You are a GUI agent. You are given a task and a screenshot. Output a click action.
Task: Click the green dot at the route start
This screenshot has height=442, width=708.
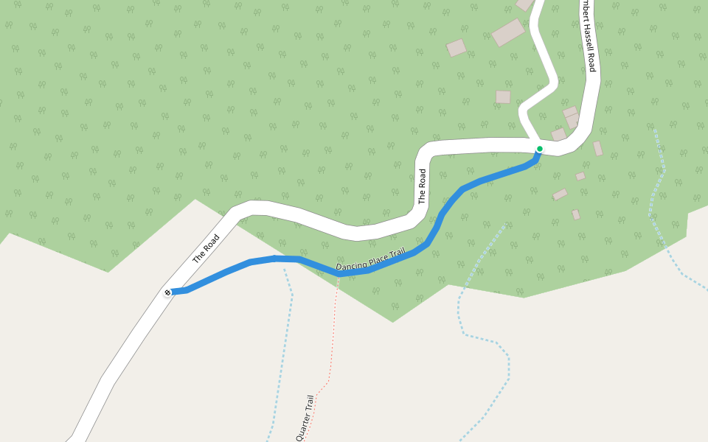coord(540,149)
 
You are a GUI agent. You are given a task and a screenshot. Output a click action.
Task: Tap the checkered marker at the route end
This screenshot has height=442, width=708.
coord(167,292)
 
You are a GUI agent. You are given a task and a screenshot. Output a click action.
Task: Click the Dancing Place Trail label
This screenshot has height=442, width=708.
coord(370,259)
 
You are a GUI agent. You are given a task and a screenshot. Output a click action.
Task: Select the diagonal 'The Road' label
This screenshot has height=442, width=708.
coord(206,249)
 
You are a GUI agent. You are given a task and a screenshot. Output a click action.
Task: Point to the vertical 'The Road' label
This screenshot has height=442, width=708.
coord(422,186)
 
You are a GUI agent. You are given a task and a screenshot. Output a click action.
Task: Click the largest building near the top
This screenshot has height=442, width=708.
coord(508,32)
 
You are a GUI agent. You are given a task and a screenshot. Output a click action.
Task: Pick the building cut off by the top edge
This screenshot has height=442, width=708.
coord(524,4)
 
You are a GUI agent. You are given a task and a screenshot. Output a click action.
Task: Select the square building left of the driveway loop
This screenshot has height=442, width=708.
coord(503,97)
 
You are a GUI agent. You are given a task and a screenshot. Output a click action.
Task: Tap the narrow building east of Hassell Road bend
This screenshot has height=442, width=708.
coord(597,148)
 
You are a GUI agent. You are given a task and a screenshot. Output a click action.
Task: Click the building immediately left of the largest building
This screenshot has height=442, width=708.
coord(457,48)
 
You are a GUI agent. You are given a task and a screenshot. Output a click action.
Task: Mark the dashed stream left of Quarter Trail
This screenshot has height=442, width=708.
coord(286,331)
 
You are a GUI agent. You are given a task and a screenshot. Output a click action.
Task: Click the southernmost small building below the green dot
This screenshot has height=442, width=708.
coord(576,214)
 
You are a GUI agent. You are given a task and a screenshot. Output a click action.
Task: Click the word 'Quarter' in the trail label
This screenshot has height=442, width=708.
coord(303,425)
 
